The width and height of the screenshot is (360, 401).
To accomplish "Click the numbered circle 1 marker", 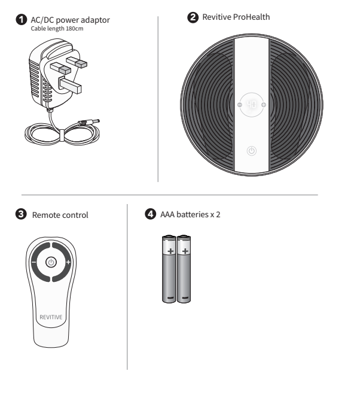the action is pyautogui.click(x=21, y=20).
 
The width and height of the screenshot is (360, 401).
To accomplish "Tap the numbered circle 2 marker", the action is pyautogui.click(x=193, y=17).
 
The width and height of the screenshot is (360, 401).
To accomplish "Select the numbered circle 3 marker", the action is pyautogui.click(x=21, y=214).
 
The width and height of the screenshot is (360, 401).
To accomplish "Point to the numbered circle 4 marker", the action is pyautogui.click(x=151, y=214).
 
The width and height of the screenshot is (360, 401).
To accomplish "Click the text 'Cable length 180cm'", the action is pyautogui.click(x=57, y=29).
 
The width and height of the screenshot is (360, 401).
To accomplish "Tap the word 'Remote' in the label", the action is pyautogui.click(x=46, y=215).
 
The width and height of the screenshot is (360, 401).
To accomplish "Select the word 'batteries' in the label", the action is pyautogui.click(x=193, y=214).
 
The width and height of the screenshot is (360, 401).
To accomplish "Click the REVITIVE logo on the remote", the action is pyautogui.click(x=51, y=317).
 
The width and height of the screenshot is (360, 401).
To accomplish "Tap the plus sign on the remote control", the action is pyautogui.click(x=68, y=262).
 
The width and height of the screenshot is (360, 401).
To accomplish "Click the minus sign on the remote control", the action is pyautogui.click(x=33, y=262).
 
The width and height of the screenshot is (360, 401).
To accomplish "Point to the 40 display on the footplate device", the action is pyautogui.click(x=251, y=104).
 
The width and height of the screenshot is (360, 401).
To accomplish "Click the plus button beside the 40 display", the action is pyautogui.click(x=264, y=105).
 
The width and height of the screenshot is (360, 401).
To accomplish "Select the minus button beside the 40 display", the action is pyautogui.click(x=239, y=105).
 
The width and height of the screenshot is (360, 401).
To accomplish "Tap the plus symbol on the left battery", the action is pyautogui.click(x=170, y=251).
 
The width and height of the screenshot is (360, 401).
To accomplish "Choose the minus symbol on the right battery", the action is pyautogui.click(x=185, y=297).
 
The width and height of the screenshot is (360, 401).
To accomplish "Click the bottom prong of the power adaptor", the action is pyautogui.click(x=70, y=85).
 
